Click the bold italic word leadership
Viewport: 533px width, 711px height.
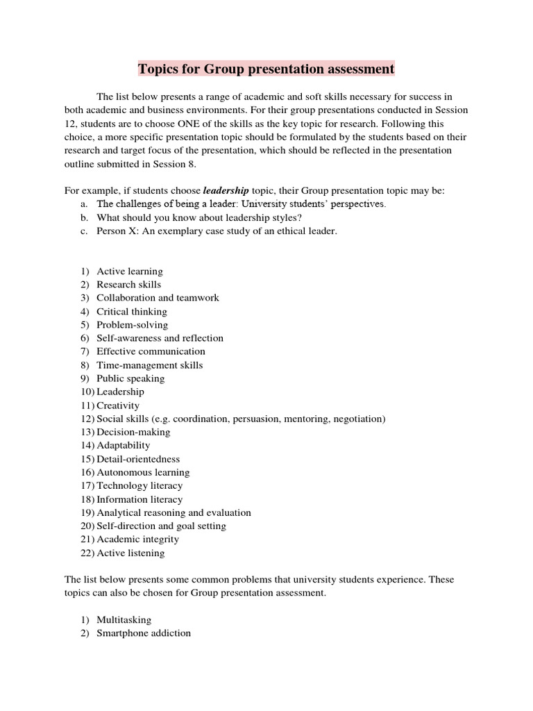[226, 190]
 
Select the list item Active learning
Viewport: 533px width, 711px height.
[130, 271]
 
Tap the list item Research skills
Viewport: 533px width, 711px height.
[128, 284]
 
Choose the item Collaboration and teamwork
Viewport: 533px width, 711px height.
[158, 298]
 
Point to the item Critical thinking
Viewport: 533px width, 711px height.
[132, 311]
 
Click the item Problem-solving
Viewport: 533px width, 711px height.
[132, 325]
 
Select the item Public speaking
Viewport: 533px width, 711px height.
[130, 378]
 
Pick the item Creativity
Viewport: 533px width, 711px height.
[118, 405]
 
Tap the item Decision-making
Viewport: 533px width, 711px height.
[133, 432]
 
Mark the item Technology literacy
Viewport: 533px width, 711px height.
[139, 486]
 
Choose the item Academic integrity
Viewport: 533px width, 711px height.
[137, 539]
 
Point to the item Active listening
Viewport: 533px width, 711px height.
[130, 553]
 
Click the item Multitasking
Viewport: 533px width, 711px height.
[124, 619]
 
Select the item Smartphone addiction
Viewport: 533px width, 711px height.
[144, 633]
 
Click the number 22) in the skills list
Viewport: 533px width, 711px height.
[87, 553]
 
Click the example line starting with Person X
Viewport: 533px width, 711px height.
[217, 231]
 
